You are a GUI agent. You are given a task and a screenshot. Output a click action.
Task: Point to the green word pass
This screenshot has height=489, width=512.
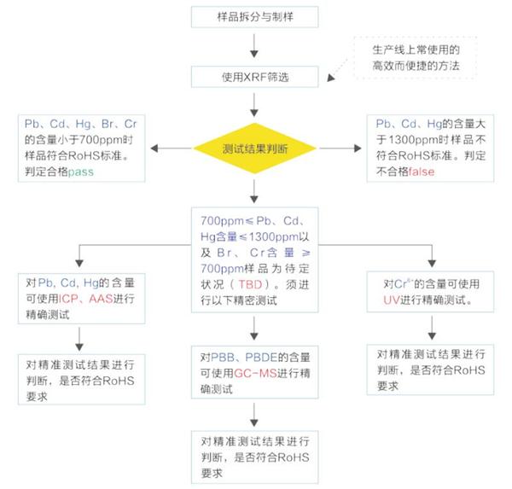(x=81, y=172)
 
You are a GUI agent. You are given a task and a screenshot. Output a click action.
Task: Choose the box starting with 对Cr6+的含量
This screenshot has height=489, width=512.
(x=430, y=292)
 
